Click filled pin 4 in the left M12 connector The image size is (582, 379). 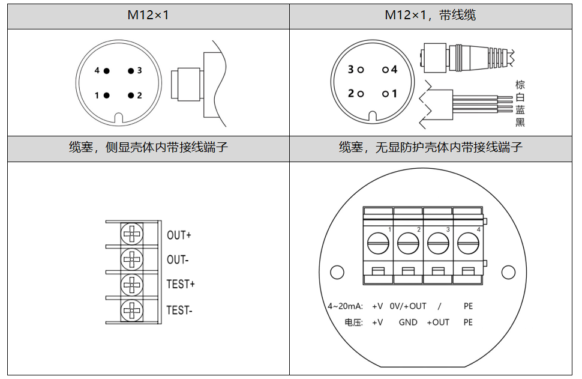click(107, 70)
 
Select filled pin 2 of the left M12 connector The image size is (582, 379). click(130, 95)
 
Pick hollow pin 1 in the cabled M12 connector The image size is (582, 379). click(385, 94)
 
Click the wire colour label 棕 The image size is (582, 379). click(520, 85)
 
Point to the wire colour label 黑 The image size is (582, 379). click(520, 123)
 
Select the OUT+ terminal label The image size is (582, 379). click(179, 235)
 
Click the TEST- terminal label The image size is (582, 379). click(179, 311)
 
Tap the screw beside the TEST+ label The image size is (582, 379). click(131, 284)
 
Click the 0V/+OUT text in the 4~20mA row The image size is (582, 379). click(408, 306)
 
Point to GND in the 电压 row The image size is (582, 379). click(408, 322)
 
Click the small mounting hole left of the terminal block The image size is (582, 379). click(337, 272)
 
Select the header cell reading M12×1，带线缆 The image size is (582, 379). click(430, 16)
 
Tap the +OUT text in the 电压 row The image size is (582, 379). click(438, 322)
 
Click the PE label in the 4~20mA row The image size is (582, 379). click(468, 306)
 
